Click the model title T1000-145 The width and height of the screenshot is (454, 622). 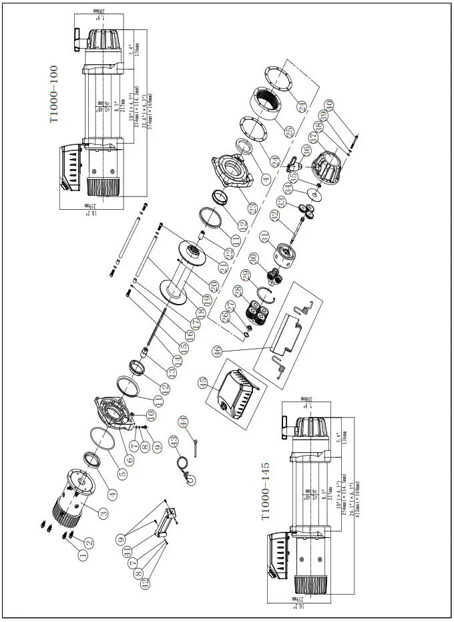coord(265,491)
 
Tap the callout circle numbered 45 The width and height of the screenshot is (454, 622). coord(204,382)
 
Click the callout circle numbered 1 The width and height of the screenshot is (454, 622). coord(83,555)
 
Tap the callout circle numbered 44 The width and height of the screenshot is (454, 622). coord(183,421)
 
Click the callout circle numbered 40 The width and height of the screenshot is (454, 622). coord(328,105)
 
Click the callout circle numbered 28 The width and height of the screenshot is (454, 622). coord(238,290)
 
